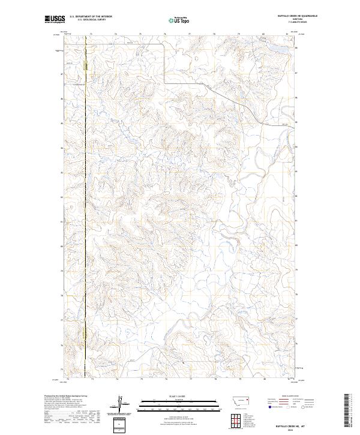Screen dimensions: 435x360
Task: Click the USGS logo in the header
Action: click(55, 20)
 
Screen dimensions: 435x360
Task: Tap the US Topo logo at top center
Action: click(178, 20)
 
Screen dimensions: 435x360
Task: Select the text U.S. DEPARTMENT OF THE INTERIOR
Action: click(91, 17)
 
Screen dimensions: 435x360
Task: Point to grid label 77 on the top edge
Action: click(190, 34)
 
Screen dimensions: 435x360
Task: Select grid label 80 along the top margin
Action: click(263, 34)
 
